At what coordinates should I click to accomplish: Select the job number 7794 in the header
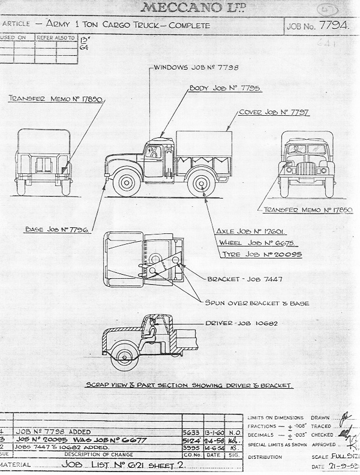(319, 27)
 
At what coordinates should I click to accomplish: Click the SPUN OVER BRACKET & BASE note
(257, 303)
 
